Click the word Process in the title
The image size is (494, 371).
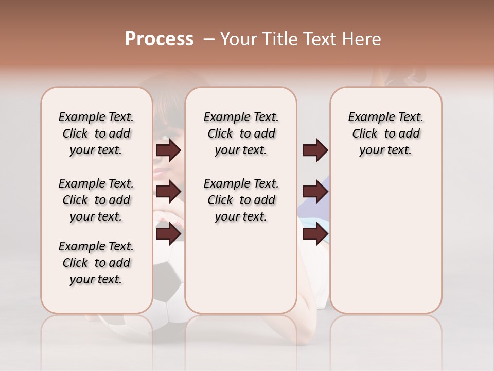(159, 39)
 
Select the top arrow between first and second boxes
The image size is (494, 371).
(168, 150)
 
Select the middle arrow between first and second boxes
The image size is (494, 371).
(168, 192)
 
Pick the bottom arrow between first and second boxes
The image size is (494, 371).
(168, 233)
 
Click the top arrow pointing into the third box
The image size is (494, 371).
(315, 150)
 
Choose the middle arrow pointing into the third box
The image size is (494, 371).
(315, 192)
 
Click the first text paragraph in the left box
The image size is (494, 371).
(96, 133)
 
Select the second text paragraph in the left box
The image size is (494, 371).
(96, 200)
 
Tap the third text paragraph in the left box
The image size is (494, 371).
(96, 263)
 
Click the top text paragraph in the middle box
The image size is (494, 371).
(241, 133)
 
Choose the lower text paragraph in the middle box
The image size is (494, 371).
(241, 200)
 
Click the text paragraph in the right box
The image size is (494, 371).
(386, 133)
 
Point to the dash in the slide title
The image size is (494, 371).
(209, 39)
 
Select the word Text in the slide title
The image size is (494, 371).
(319, 39)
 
